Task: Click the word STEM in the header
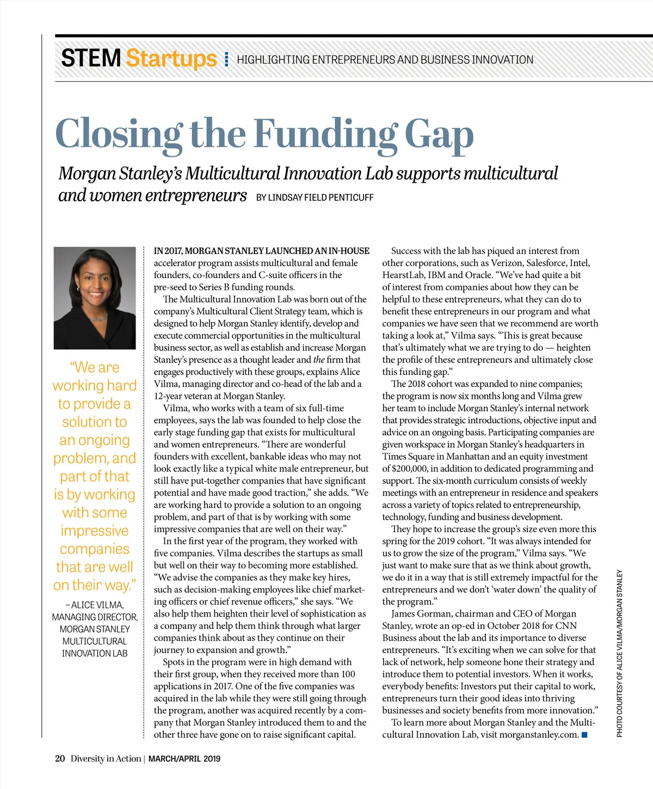click(91, 58)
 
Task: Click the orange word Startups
click(171, 59)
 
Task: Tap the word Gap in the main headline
click(439, 134)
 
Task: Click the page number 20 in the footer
click(60, 759)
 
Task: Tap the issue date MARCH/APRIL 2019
click(184, 759)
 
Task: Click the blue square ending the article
click(585, 735)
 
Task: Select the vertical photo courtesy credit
click(619, 653)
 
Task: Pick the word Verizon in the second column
click(506, 263)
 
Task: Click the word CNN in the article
click(566, 626)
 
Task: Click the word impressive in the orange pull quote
click(95, 531)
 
